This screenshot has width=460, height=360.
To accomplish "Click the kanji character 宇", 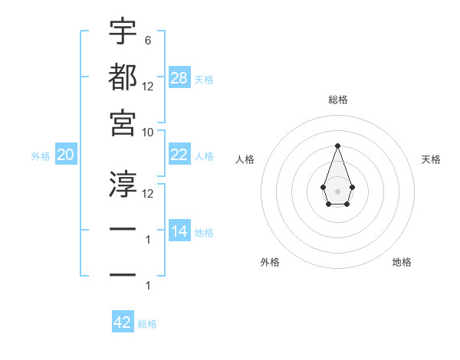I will click(123, 31).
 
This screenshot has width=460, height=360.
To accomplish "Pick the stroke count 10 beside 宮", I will click(148, 132).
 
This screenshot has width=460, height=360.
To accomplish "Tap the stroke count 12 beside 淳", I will click(148, 193).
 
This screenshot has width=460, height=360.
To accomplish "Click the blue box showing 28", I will click(179, 78).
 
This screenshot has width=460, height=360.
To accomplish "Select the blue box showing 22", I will click(179, 155).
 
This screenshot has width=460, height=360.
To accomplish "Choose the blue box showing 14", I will click(179, 231).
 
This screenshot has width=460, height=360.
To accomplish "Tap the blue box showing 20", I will click(66, 155).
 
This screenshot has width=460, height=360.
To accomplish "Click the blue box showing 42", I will click(123, 322).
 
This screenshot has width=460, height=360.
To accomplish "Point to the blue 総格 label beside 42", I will click(147, 324).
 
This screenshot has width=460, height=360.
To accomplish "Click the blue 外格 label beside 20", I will click(41, 156).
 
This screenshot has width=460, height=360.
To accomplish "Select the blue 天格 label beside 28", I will click(204, 80).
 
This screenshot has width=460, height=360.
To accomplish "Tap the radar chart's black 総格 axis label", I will click(337, 100).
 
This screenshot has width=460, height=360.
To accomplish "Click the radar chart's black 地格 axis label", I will click(402, 262).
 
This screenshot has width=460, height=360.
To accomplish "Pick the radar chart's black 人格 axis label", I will click(245, 159).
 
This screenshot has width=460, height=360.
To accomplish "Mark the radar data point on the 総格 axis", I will click(337, 146).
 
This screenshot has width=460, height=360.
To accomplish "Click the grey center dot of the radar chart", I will click(337, 190).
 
